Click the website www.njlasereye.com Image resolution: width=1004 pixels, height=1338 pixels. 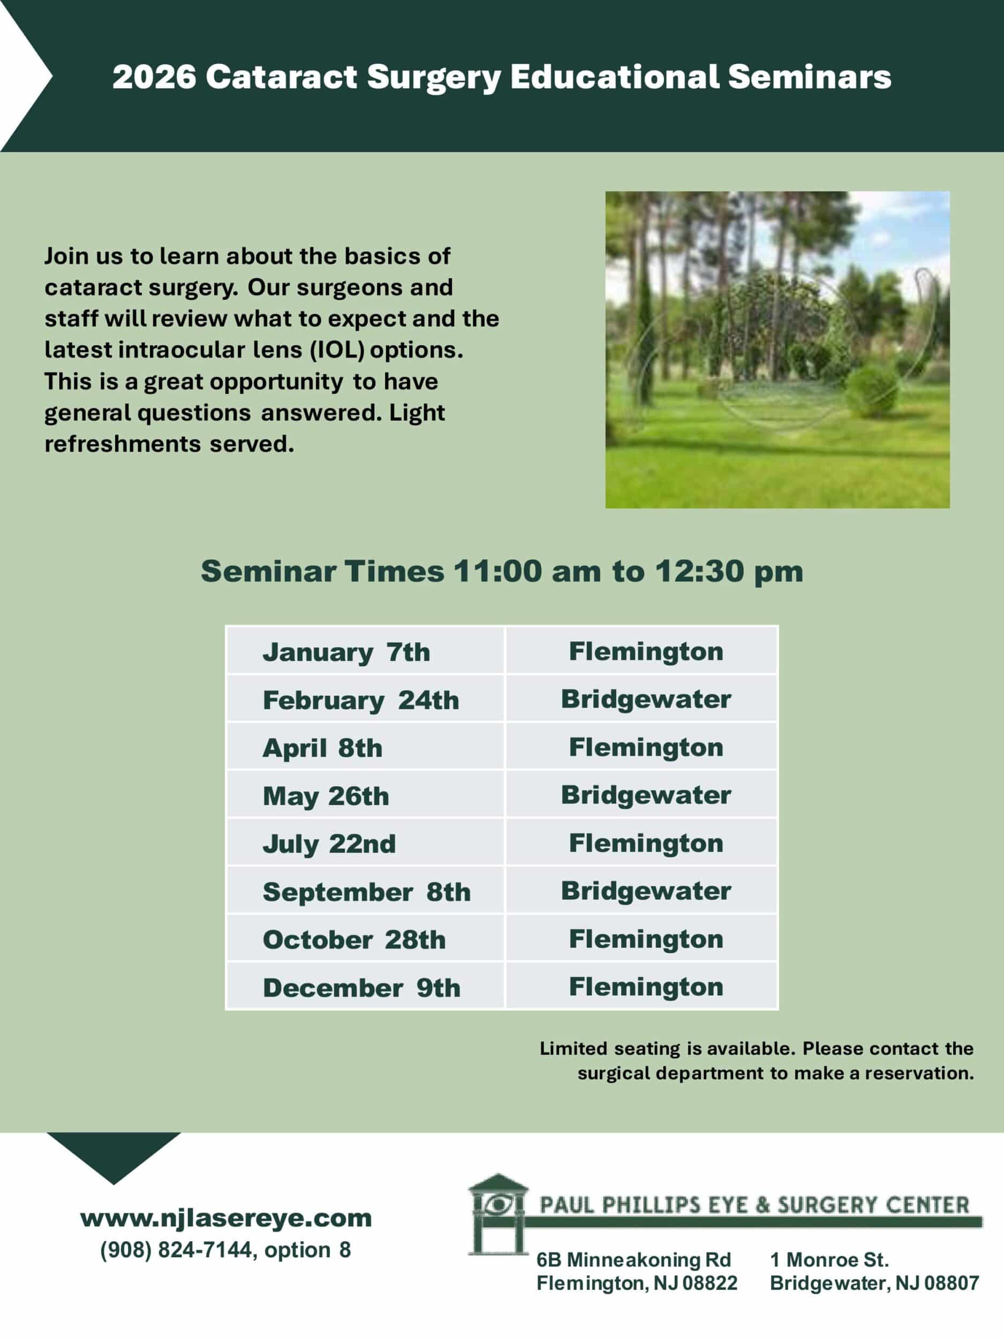[x=226, y=1218]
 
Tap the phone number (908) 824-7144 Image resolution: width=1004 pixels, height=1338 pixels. [x=176, y=1250]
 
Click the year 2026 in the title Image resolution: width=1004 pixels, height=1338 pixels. [x=154, y=77]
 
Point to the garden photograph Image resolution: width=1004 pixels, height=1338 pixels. [x=777, y=349]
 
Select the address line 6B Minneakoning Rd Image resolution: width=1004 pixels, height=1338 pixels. [x=633, y=1259]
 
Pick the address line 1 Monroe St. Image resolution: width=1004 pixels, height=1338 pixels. [x=829, y=1259]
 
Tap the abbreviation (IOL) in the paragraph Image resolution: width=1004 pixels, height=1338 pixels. [x=337, y=349]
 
